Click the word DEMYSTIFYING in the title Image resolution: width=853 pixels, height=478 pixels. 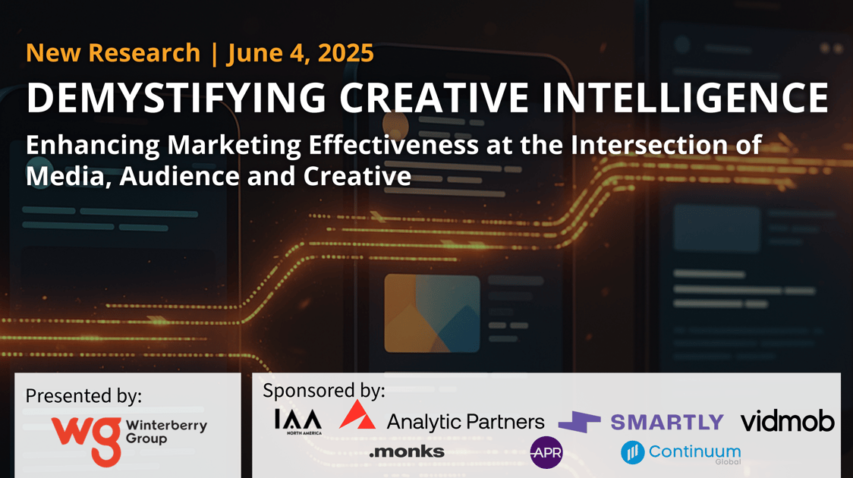(176, 98)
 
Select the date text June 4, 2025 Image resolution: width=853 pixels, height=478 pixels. (301, 53)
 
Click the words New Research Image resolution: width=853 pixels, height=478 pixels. (113, 53)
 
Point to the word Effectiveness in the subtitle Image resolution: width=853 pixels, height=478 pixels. (394, 145)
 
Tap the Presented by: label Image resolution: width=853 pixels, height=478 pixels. (83, 396)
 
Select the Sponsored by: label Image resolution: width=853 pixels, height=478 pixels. (324, 391)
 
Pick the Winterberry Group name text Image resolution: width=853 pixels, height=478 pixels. (166, 432)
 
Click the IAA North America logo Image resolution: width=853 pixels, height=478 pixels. (297, 422)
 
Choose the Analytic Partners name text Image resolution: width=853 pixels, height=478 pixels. (465, 422)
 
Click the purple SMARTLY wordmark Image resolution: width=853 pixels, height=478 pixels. (667, 423)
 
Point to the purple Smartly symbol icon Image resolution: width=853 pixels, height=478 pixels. (580, 422)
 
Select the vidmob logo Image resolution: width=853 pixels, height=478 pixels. (787, 421)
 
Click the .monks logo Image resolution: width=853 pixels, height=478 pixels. (406, 451)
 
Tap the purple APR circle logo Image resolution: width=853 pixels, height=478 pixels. (546, 452)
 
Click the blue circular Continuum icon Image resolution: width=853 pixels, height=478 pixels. (633, 452)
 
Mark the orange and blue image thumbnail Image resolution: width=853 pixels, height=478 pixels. (432, 313)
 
